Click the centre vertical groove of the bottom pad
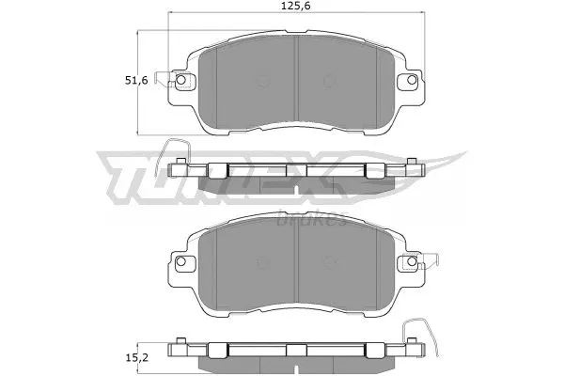(297, 263)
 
